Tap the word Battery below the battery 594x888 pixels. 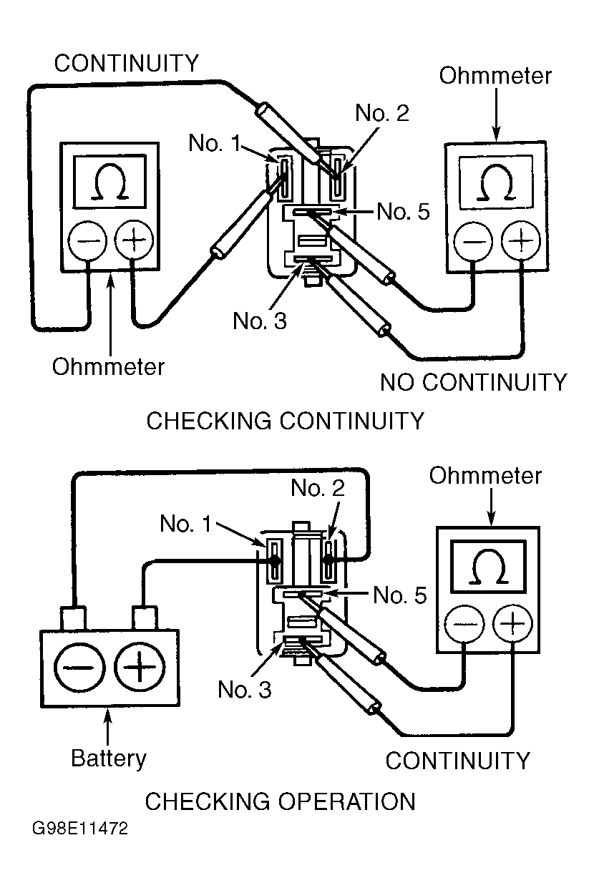click(x=109, y=758)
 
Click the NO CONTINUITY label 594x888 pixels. click(x=473, y=382)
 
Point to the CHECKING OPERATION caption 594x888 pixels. click(x=280, y=801)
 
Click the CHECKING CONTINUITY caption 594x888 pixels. click(x=285, y=420)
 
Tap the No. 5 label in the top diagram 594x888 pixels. click(x=404, y=211)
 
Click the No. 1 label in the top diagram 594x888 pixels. click(x=215, y=143)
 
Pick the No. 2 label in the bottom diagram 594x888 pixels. click(x=318, y=489)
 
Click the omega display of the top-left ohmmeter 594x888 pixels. click(x=111, y=185)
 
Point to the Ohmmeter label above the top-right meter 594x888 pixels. click(x=495, y=76)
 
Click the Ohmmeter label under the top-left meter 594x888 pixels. click(x=108, y=366)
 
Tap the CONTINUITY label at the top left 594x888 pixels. click(x=127, y=63)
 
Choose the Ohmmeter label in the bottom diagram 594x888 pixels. click(x=485, y=476)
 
